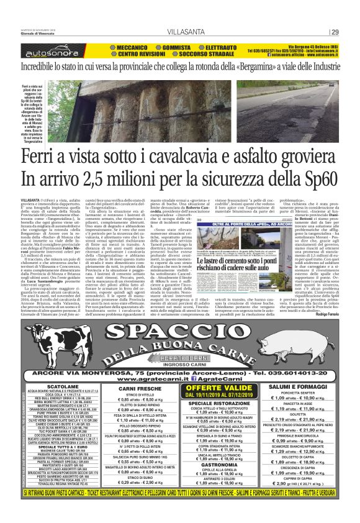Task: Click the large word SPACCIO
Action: (x=179, y=317)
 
